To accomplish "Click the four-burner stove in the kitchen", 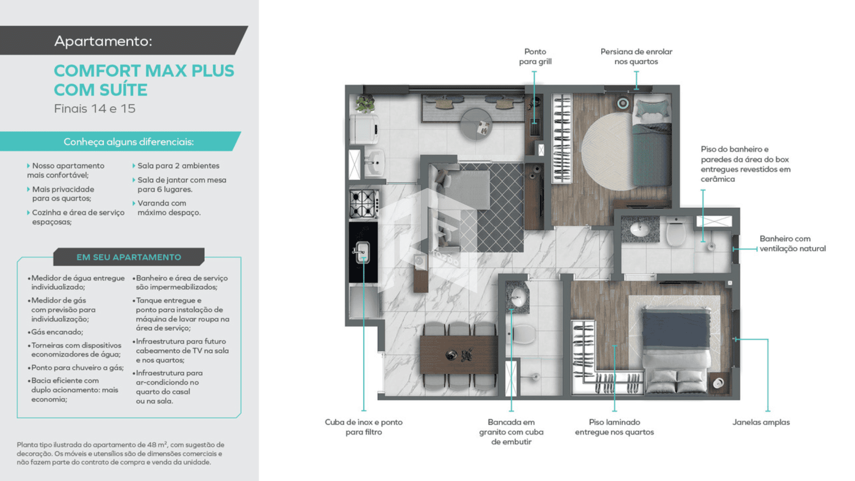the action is (364, 204).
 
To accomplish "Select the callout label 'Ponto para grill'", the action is (535, 57).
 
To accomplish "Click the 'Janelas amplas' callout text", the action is (761, 422).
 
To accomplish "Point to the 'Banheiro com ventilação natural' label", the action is (793, 244).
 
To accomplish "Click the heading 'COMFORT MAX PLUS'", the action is (144, 71).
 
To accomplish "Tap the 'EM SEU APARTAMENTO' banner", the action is (129, 257).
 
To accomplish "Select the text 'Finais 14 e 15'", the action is (94, 109).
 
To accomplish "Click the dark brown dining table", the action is (459, 355).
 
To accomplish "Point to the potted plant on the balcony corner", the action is (365, 104).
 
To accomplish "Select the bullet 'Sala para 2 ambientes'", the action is (176, 166).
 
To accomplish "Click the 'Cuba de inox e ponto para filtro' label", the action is (364, 427).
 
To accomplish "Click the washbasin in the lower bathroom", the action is (517, 295).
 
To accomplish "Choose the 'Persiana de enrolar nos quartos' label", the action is (636, 57).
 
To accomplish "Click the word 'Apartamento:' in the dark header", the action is (103, 41).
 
